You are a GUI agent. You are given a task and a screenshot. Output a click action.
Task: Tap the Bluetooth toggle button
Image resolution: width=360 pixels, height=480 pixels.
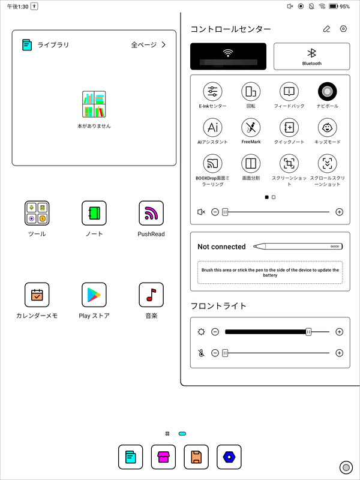point(311,56)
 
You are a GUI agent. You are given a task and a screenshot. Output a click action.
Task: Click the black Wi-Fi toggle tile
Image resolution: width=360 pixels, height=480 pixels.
point(228,56)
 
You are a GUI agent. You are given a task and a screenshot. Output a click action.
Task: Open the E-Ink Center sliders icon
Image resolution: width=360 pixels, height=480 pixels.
point(213,92)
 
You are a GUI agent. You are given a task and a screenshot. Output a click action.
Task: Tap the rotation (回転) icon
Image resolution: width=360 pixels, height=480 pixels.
point(251,92)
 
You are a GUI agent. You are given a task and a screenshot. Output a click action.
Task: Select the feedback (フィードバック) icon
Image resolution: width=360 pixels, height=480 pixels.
point(289,92)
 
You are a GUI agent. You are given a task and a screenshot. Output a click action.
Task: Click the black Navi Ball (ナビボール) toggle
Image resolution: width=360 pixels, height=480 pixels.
point(327,92)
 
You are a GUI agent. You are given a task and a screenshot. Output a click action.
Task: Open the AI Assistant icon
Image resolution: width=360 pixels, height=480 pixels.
point(213,128)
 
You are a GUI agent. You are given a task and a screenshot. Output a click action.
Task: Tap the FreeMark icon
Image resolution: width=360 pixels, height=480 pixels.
point(251,128)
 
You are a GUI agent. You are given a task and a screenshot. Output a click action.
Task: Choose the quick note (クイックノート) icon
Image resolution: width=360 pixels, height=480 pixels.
point(289,128)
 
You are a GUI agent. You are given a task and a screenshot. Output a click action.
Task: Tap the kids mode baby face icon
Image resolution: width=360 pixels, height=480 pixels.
point(327,128)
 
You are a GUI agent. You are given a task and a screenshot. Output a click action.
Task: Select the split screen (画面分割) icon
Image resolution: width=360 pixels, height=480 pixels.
point(251,164)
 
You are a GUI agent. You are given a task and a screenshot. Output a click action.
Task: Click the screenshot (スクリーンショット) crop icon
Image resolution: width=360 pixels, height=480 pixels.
point(289,164)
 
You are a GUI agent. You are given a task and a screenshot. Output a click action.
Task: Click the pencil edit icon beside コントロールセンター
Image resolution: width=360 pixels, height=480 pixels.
point(326,29)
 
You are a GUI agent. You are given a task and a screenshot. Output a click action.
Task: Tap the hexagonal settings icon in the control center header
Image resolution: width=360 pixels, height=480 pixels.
point(343,29)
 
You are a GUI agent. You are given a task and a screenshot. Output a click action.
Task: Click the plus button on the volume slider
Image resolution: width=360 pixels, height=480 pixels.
point(339,212)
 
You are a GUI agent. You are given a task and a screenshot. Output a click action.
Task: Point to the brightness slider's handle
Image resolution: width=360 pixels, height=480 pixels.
point(308,332)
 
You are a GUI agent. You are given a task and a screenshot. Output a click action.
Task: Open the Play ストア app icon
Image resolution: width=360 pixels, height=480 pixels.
point(94,295)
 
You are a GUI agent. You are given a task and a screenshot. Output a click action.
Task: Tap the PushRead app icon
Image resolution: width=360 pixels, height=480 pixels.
point(151,213)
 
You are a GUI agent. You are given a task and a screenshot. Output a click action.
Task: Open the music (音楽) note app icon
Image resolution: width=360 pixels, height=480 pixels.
point(151,295)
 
